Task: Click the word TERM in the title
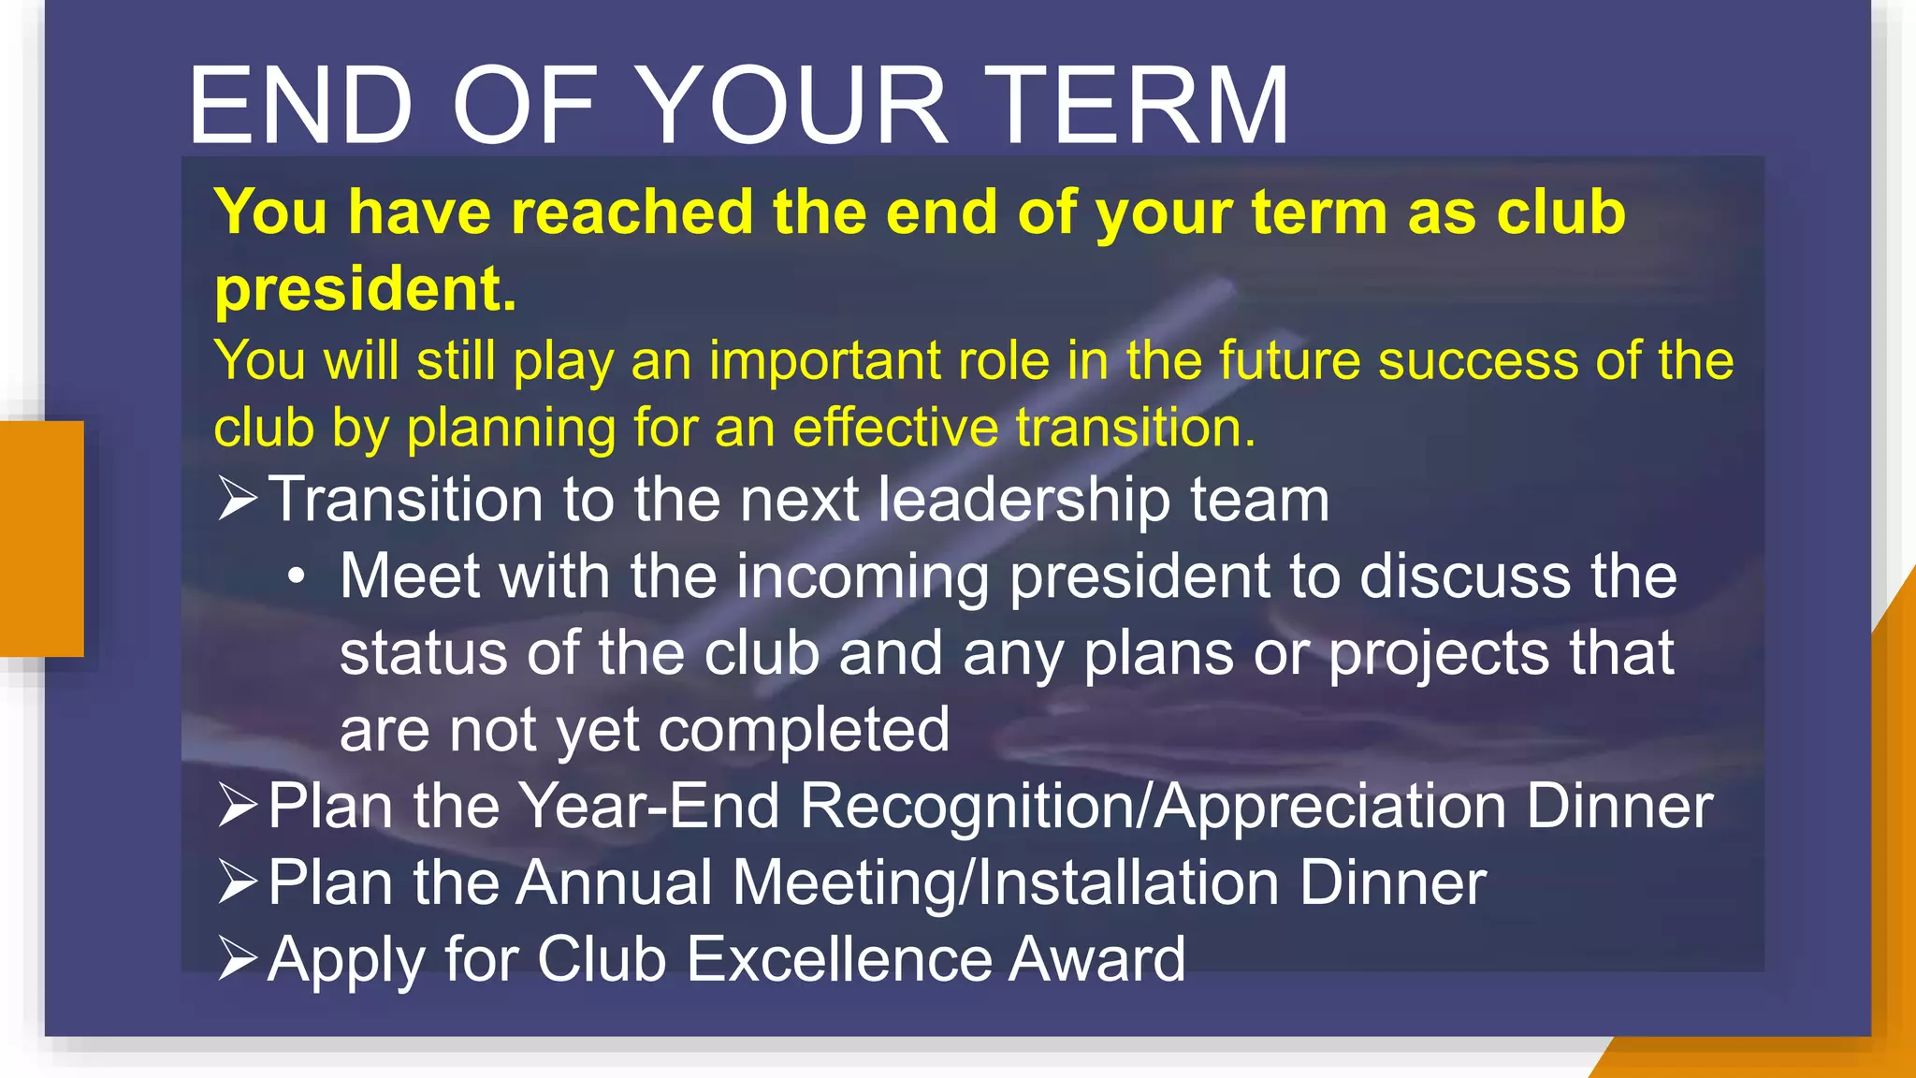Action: point(1137,106)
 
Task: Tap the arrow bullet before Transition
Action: point(237,497)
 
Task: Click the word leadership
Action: point(1023,500)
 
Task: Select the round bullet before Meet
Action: point(297,577)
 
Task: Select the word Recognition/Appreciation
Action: point(1153,807)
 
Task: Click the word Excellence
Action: point(837,959)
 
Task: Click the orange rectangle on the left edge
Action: point(41,538)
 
